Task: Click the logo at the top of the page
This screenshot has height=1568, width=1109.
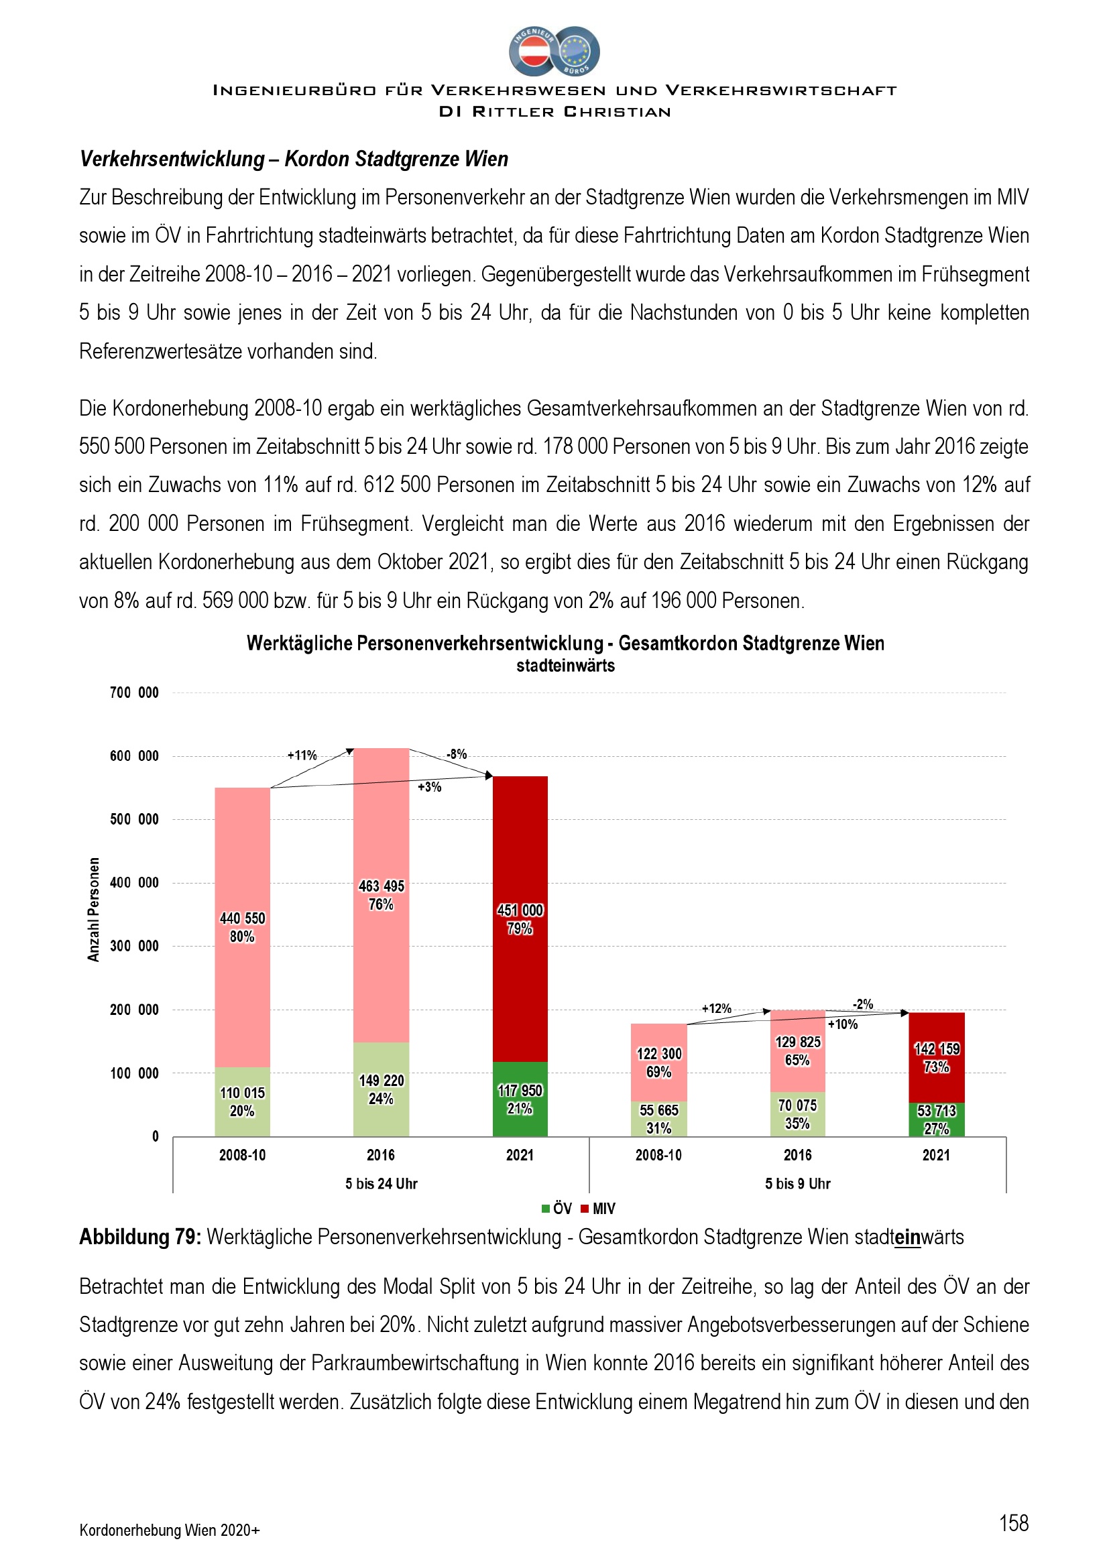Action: [x=554, y=51]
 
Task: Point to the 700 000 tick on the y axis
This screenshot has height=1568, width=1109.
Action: [x=134, y=692]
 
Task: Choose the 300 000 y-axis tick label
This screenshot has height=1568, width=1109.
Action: [x=134, y=946]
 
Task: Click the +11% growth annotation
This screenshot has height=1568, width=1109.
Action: [x=302, y=756]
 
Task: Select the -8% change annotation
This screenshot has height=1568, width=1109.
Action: [x=457, y=754]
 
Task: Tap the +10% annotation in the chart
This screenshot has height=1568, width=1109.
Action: [x=843, y=1024]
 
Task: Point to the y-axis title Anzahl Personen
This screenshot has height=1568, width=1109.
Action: [x=94, y=910]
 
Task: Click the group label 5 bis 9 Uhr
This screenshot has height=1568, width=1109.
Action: [x=798, y=1183]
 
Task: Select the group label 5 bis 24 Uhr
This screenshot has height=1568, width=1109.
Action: [x=381, y=1183]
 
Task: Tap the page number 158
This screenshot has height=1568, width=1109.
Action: [x=1013, y=1522]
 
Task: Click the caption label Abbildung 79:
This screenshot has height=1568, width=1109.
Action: [x=140, y=1238]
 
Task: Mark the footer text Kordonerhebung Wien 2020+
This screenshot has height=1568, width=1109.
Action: [x=170, y=1530]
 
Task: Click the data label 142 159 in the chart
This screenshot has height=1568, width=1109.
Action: [x=936, y=1049]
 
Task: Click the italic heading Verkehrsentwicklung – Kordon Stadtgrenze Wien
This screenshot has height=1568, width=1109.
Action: [x=294, y=159]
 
